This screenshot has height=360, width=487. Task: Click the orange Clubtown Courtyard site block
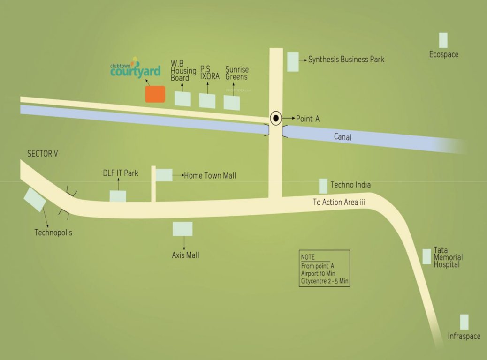coord(155,94)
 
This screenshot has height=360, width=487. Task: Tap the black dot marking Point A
coord(276,118)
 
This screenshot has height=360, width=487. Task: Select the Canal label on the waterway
coord(342,137)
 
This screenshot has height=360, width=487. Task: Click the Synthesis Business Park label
coord(346,60)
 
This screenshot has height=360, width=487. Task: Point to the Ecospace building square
coord(443,40)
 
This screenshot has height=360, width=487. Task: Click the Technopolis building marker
coord(35,199)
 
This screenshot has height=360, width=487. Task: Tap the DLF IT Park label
coord(121,173)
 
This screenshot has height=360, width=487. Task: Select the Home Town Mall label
coord(210,176)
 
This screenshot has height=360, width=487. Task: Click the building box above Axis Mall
coord(183,229)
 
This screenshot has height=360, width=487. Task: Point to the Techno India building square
coord(323,186)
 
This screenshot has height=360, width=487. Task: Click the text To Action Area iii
coord(339,202)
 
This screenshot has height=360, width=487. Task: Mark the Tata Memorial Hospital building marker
coord(426,256)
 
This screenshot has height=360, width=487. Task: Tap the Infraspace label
coord(464,336)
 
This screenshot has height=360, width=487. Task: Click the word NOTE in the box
coord(308,257)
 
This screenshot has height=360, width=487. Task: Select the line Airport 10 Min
coord(318,274)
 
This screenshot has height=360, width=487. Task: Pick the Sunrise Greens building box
coord(232,103)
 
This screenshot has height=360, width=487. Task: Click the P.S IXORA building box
coord(207,101)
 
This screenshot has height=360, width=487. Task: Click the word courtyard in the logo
coord(135,71)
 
